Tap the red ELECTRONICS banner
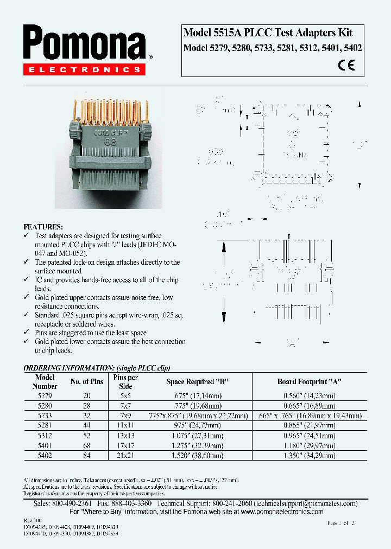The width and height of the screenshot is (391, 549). pos(84,69)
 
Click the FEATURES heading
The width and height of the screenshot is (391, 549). pos(43,227)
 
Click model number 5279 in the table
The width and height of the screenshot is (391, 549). pos(45,396)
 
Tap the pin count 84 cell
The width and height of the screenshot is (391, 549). pos(87,456)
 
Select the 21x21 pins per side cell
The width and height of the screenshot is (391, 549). pos(126,456)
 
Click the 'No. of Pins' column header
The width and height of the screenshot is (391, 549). pos(87,382)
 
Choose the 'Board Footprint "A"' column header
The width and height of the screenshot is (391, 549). pos(310,382)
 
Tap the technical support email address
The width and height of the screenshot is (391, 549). pos(304,503)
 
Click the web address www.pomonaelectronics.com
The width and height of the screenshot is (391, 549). pos(282,512)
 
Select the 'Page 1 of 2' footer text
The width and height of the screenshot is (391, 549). pos(340,524)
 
